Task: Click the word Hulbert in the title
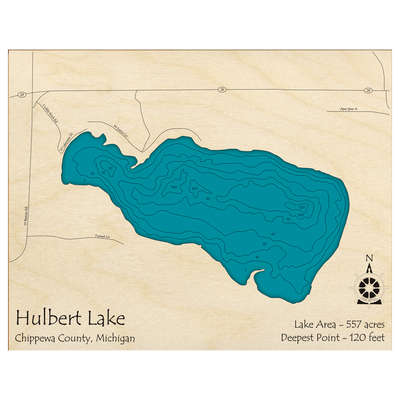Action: pyautogui.click(x=50, y=319)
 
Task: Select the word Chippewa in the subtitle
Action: pyautogui.click(x=38, y=338)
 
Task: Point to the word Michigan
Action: pyautogui.click(x=116, y=338)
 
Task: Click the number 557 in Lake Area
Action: pyautogui.click(x=345, y=324)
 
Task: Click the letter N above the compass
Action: pyautogui.click(x=369, y=262)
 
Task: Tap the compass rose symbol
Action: pyautogui.click(x=369, y=287)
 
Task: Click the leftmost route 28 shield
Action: pyautogui.click(x=20, y=95)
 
